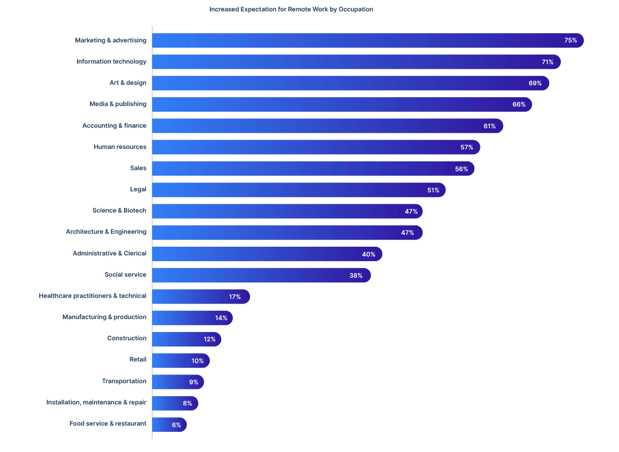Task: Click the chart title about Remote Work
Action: pyautogui.click(x=291, y=9)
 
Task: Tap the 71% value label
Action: pyautogui.click(x=547, y=62)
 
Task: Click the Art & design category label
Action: pyautogui.click(x=128, y=83)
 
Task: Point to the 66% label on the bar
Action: pyautogui.click(x=519, y=104)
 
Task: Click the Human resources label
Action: pyautogui.click(x=120, y=147)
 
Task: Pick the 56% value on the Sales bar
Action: pyautogui.click(x=461, y=169)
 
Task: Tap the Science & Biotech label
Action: pyautogui.click(x=119, y=210)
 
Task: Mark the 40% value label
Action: pyautogui.click(x=368, y=254)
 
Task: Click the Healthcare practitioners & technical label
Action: pyautogui.click(x=92, y=296)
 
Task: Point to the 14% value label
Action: pyautogui.click(x=221, y=318)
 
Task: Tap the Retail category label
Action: pyautogui.click(x=137, y=359)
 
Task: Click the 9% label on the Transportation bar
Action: pyautogui.click(x=194, y=382)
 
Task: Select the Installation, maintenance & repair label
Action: pyautogui.click(x=96, y=402)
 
